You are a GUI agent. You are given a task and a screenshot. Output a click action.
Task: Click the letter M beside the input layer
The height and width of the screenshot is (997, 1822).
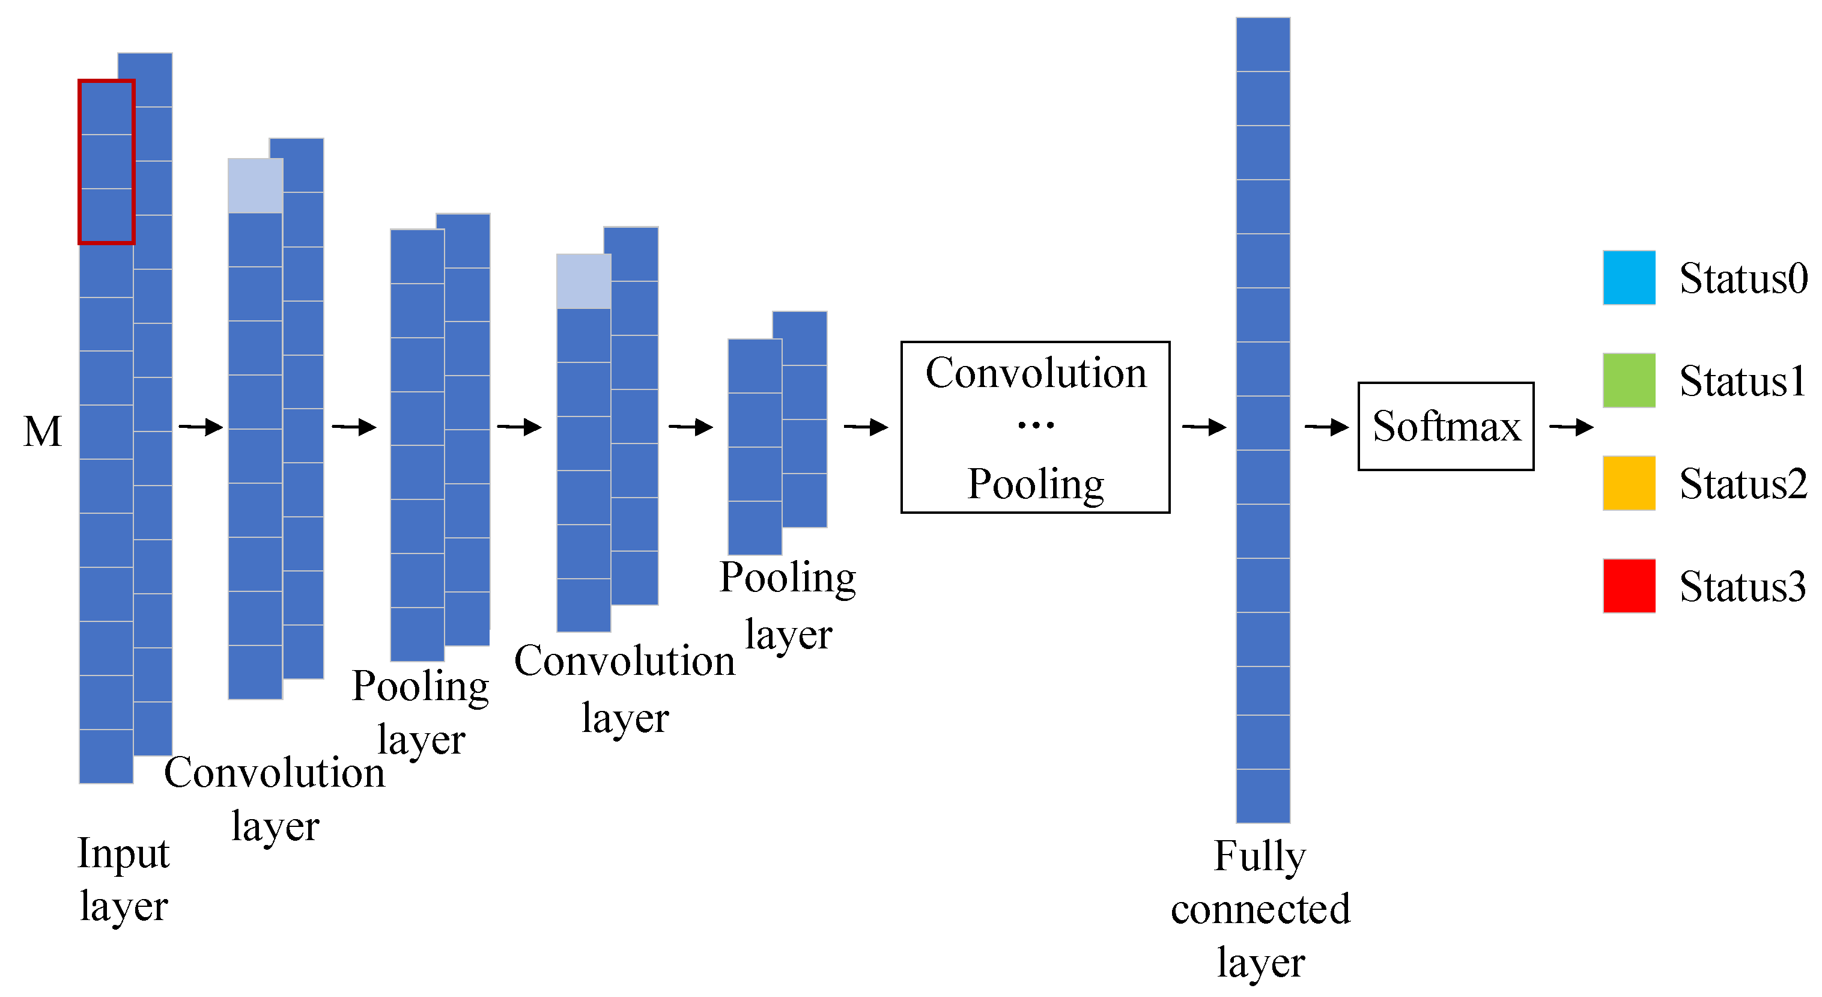[43, 431]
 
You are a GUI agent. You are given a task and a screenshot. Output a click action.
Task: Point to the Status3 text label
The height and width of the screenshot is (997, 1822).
[1742, 587]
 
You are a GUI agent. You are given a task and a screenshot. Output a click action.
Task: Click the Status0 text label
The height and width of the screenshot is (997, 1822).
[1742, 278]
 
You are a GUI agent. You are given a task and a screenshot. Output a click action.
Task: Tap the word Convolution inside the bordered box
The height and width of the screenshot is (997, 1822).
[1036, 373]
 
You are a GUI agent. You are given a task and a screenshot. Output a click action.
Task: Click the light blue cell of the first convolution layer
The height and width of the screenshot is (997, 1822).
[255, 185]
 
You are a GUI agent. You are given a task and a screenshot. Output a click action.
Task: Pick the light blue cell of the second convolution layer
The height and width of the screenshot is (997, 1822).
[583, 281]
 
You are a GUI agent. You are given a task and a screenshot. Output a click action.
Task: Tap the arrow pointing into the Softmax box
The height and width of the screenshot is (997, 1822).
[1326, 427]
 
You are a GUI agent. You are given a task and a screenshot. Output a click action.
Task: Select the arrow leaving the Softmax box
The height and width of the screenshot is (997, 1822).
[1570, 427]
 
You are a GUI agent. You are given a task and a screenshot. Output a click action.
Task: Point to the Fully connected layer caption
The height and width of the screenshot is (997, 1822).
[1260, 909]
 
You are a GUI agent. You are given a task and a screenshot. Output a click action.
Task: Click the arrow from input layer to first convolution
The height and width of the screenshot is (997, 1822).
[201, 427]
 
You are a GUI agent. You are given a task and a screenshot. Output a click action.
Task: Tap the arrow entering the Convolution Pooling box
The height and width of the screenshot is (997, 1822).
[866, 427]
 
